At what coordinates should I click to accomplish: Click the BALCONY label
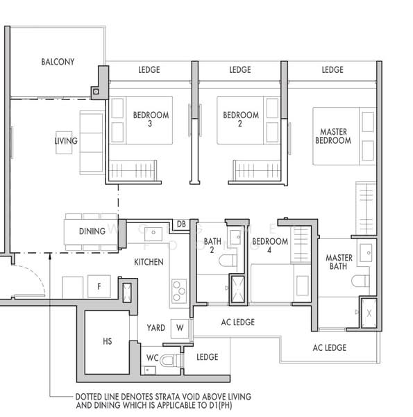click(58, 62)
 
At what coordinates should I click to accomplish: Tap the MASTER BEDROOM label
click(333, 136)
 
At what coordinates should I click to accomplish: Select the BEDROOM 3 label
click(151, 120)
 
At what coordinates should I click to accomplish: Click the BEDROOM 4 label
click(270, 246)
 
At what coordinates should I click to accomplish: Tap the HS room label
click(107, 341)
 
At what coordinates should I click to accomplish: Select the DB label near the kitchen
click(180, 224)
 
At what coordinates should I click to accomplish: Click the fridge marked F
click(99, 286)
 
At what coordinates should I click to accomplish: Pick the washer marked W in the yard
click(180, 327)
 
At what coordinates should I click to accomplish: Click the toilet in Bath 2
click(227, 261)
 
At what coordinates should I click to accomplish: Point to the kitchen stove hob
click(179, 290)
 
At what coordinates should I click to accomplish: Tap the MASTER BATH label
click(339, 263)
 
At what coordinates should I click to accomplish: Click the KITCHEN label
click(149, 262)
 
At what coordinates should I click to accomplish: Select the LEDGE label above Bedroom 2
click(239, 69)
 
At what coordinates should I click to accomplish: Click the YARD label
click(155, 327)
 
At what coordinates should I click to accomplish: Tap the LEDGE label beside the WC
click(207, 357)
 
